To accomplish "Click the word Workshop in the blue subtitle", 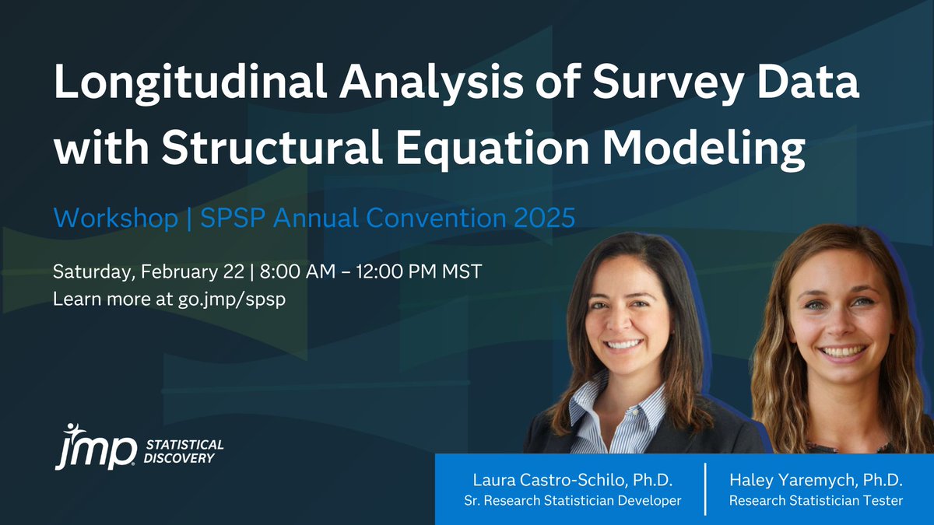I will [x=115, y=219].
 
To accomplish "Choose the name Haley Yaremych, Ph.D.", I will [x=816, y=478].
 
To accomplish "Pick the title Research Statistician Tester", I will [x=816, y=501].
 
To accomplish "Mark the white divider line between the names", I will [x=705, y=488].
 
